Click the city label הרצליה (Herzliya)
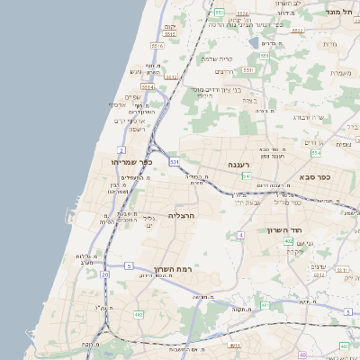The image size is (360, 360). point(181,216)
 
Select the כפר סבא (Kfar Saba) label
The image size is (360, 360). point(311,176)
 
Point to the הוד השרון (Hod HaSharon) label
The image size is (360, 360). point(287,230)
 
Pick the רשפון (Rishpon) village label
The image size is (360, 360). point(137,129)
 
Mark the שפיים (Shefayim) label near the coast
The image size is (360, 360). point(132,96)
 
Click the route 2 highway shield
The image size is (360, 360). point(121,148)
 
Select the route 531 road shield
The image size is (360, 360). point(174,162)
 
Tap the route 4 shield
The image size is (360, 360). point(240,235)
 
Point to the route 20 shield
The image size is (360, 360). point(104,274)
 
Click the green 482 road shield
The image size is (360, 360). point(139,315)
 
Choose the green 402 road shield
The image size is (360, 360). point(287,241)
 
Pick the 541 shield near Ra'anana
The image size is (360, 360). point(246,175)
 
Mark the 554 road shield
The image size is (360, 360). point(316,154)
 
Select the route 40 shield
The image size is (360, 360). point(301,355)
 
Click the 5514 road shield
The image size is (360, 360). point(148,87)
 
